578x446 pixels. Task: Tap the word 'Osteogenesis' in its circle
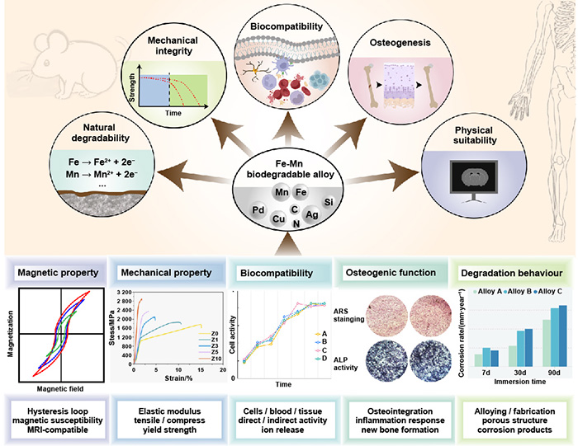pos(403,49)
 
